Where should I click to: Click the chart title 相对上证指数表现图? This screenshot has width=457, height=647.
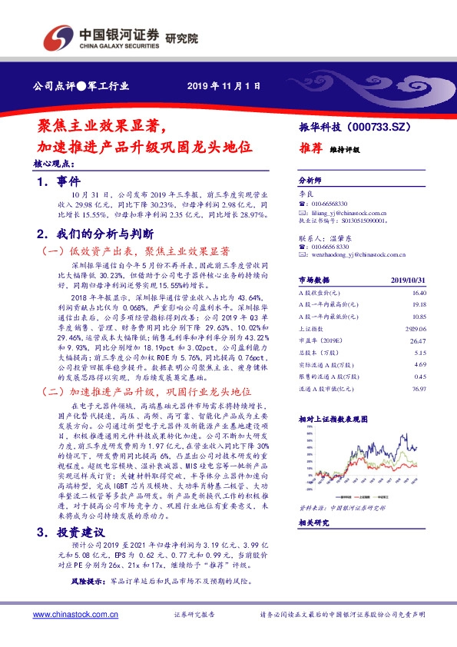[334, 419]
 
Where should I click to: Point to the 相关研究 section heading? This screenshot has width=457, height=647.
[314, 522]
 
